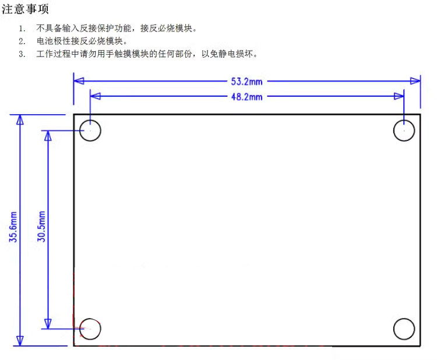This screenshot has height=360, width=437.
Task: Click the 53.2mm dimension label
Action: (246, 82)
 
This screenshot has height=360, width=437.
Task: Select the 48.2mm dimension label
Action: (246, 97)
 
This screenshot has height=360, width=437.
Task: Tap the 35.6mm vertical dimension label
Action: (13, 227)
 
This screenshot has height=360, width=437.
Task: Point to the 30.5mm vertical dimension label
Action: (41, 226)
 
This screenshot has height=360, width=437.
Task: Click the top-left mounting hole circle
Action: (80, 130)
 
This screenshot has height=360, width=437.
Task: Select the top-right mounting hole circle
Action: (394, 130)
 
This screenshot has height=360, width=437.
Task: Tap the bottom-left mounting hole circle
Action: (80, 329)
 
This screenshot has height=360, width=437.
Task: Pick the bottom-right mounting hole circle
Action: (394, 329)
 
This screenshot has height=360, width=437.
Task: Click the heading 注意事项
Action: (25, 9)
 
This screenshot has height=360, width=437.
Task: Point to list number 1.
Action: (22, 29)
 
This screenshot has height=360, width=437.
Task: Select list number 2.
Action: (22, 41)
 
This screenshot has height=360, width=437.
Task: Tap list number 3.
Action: (22, 54)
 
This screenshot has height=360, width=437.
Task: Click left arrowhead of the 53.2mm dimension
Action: (79, 81)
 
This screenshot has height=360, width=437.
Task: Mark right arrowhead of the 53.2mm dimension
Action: (415, 81)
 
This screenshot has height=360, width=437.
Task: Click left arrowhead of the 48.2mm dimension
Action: (96, 96)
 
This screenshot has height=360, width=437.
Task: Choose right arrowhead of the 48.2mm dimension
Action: (399, 96)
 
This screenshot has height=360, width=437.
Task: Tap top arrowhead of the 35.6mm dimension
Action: (20, 119)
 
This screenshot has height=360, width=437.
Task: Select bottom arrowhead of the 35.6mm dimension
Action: (20, 341)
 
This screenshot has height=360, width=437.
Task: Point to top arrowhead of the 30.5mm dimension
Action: (48, 135)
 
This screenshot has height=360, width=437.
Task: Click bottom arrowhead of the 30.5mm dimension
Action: (48, 324)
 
